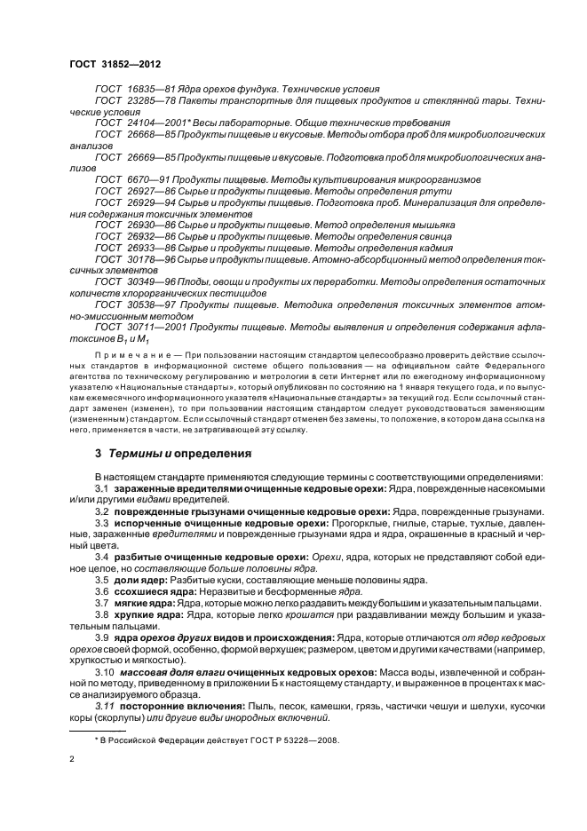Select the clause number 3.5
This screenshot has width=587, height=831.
click(x=101, y=580)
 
